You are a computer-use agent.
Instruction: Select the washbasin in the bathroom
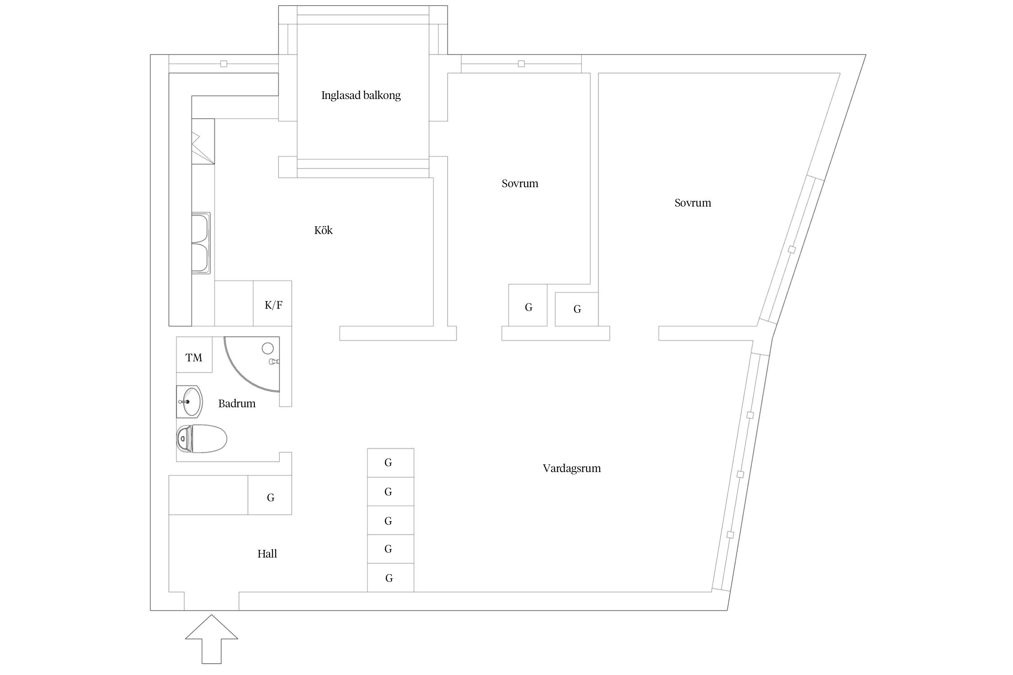click(190, 401)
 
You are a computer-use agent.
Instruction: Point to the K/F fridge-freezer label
click(273, 305)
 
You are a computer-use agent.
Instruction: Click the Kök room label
click(323, 230)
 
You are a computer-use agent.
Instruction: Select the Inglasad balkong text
click(361, 95)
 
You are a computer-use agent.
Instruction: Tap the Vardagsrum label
click(571, 468)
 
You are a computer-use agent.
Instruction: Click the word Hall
click(267, 554)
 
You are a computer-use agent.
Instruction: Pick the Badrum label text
click(237, 404)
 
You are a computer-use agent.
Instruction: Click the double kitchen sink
click(201, 243)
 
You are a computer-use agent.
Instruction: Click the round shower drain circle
click(268, 348)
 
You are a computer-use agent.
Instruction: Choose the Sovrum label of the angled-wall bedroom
click(692, 203)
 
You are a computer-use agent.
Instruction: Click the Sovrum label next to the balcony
click(520, 184)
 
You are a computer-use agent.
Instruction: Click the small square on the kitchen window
click(224, 64)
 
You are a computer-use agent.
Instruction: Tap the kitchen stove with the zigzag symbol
click(203, 141)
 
